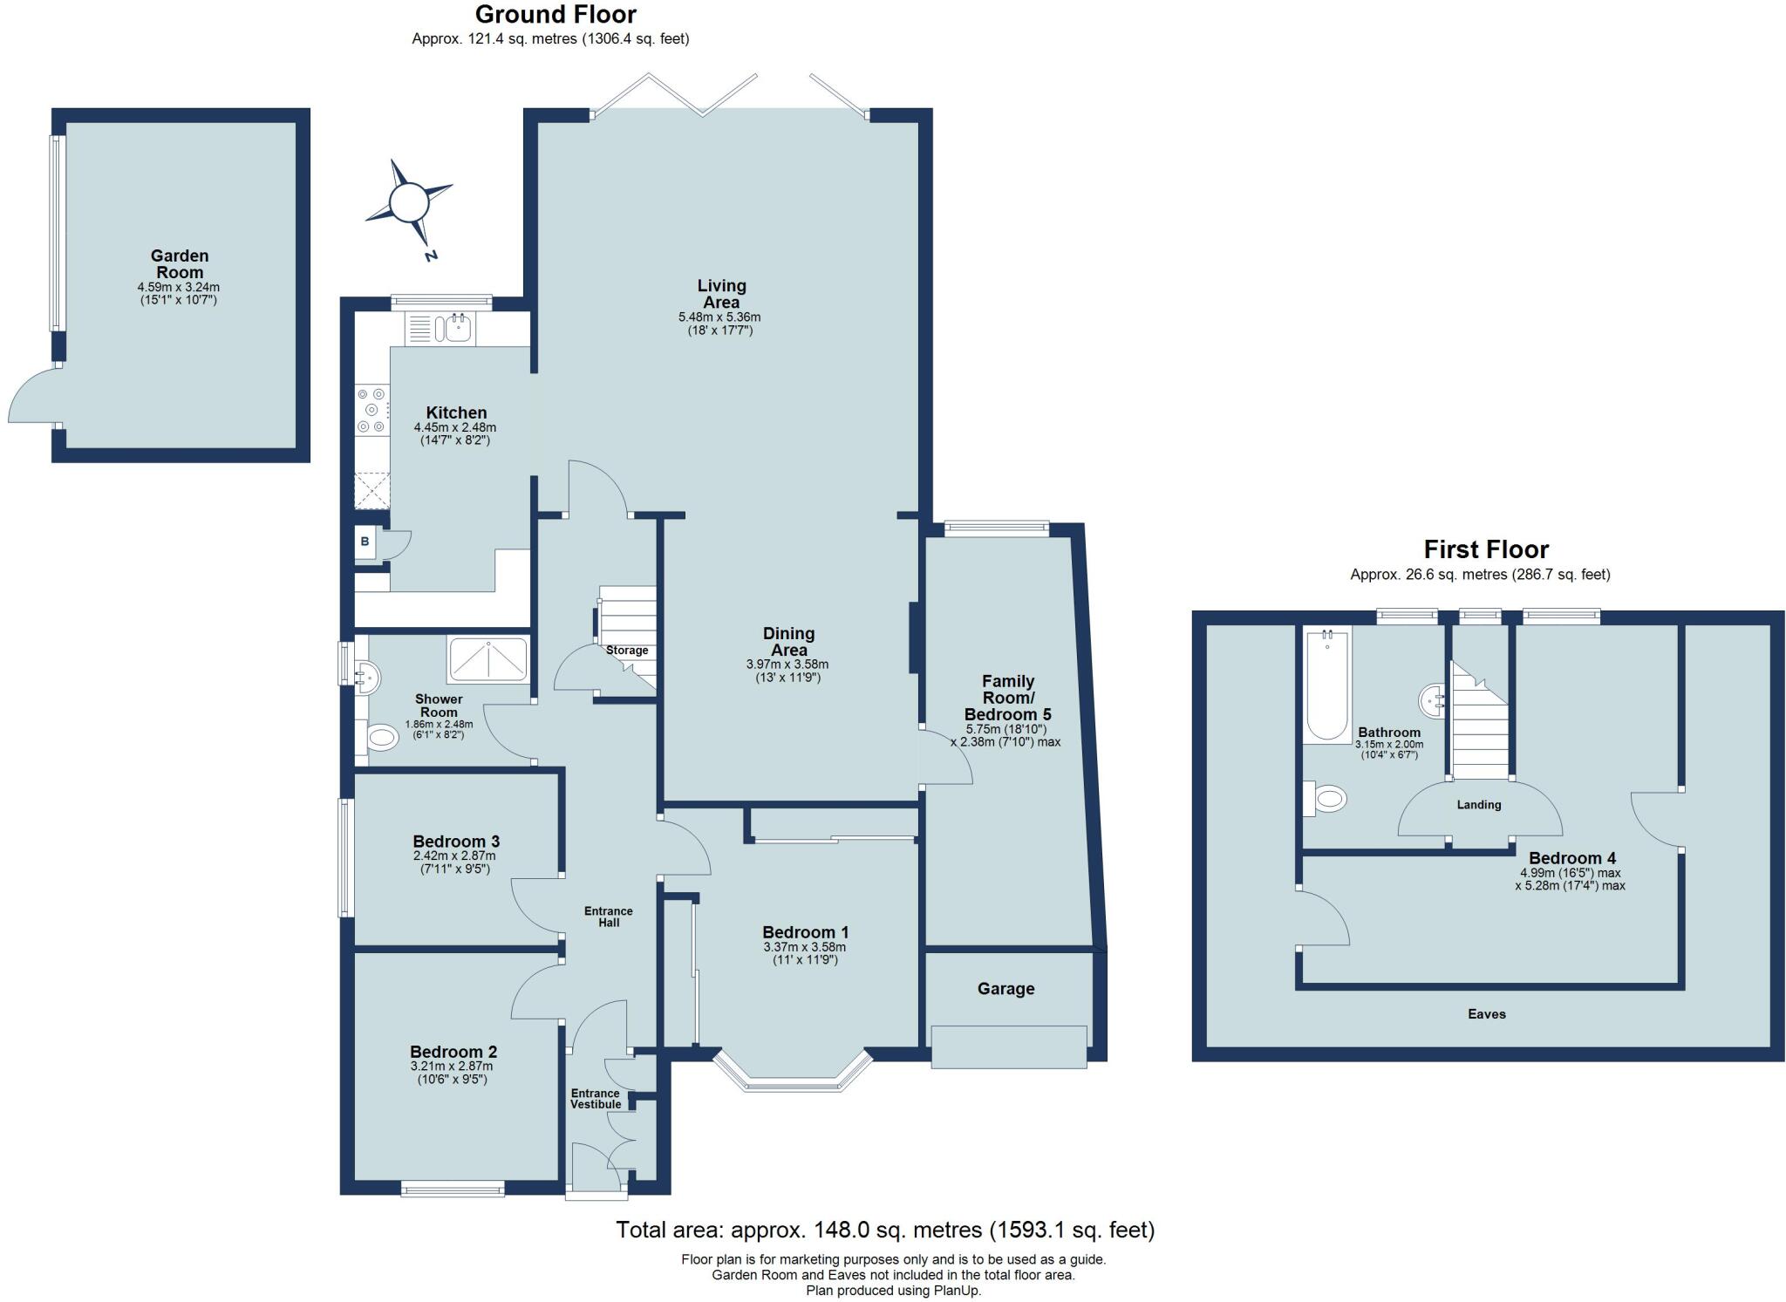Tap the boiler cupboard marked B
365,542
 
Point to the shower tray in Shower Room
487,659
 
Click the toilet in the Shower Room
381,739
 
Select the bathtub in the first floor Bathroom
1326,687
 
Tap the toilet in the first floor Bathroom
1327,798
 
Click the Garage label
1005,989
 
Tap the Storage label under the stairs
627,651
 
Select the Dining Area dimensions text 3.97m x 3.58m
787,665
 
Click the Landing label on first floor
1478,805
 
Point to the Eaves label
1486,1014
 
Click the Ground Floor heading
556,15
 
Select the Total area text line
884,1230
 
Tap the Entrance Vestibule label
596,1099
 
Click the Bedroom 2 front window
453,1188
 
